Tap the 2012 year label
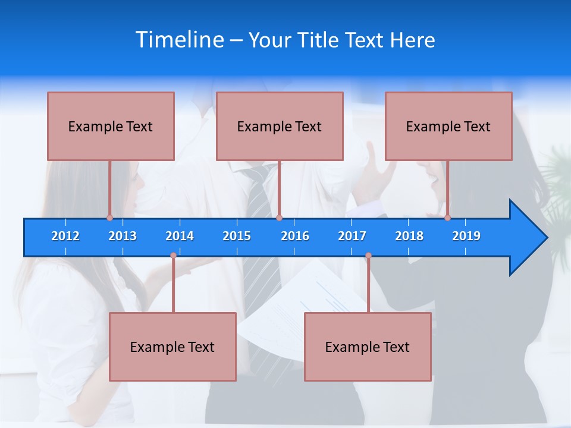(65, 236)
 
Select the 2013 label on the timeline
(123, 236)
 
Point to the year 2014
(180, 236)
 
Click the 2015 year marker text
(237, 236)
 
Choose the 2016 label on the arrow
(295, 236)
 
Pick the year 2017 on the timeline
(352, 236)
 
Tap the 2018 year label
(409, 236)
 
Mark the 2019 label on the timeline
(466, 236)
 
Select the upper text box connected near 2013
(111, 126)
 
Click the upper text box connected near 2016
(280, 126)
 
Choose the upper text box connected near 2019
(448, 126)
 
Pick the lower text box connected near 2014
(172, 347)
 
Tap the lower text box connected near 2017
(368, 347)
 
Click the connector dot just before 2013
(109, 218)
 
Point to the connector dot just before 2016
(279, 218)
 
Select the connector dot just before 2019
(447, 218)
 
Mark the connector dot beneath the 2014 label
(173, 256)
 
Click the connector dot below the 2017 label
(368, 256)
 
